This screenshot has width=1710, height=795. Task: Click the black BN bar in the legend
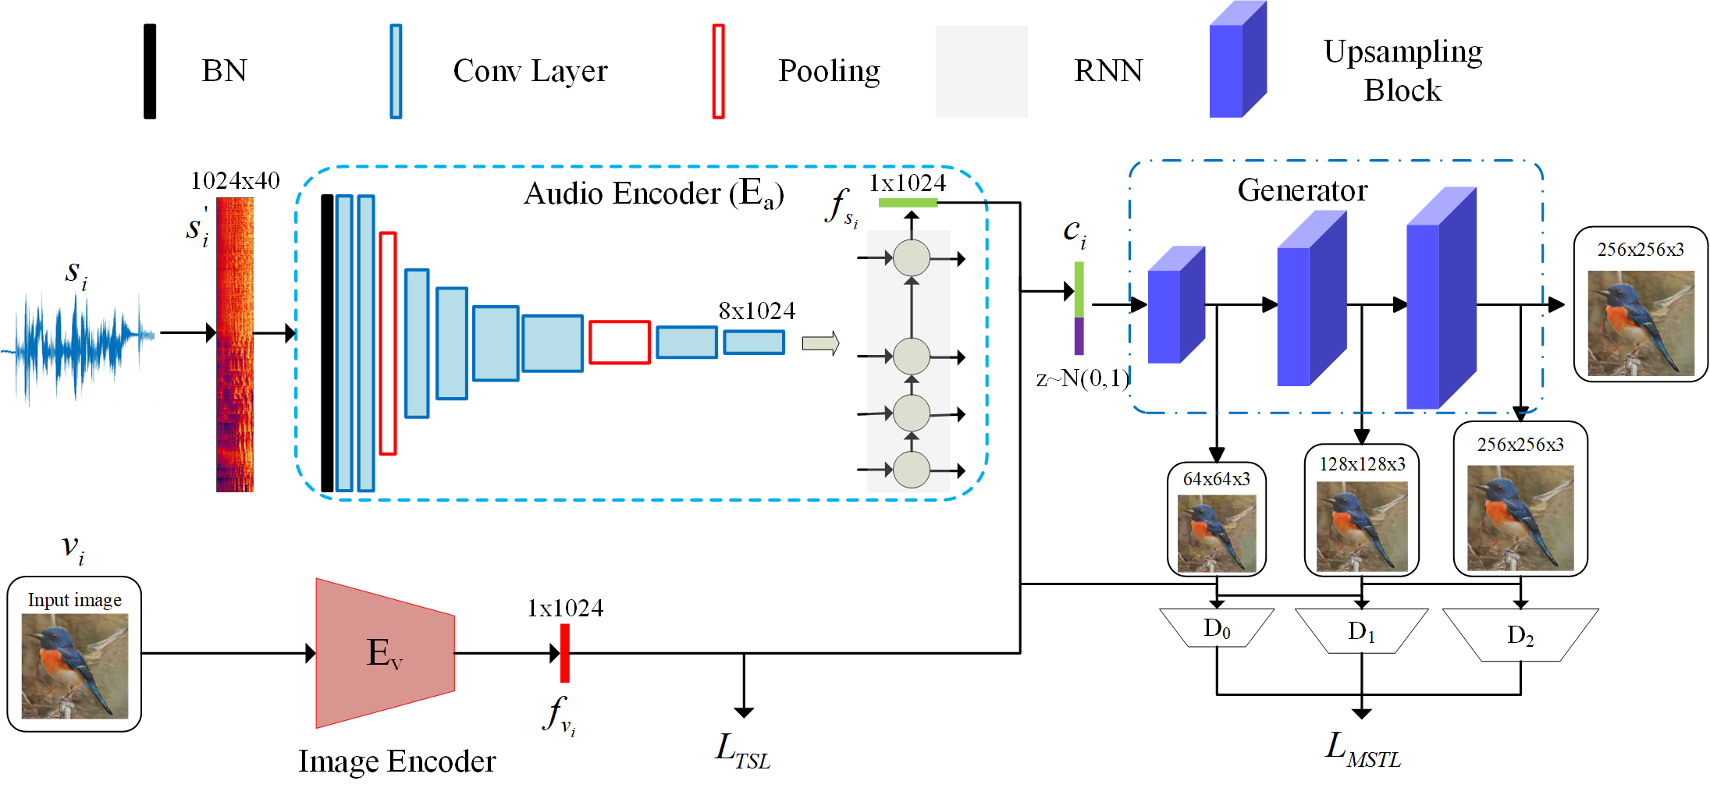(150, 71)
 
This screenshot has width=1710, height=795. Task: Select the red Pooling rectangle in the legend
(718, 71)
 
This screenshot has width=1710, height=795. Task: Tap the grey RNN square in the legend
(981, 71)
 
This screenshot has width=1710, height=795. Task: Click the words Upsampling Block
(1402, 71)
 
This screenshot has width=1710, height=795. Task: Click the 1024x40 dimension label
(235, 181)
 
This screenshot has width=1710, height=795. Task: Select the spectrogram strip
(235, 343)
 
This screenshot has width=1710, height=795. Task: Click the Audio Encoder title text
(653, 193)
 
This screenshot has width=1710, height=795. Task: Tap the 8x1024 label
(756, 311)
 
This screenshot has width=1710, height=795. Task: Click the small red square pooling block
(619, 342)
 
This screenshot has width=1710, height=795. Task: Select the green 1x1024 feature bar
(908, 203)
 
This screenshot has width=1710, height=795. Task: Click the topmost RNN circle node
(911, 258)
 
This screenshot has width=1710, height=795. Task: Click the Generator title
(1302, 191)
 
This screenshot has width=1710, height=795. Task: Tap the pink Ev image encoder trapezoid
(385, 653)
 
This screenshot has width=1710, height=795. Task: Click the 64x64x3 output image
(1216, 532)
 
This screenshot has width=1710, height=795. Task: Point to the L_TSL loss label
(743, 751)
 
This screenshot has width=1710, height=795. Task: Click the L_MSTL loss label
(1363, 751)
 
